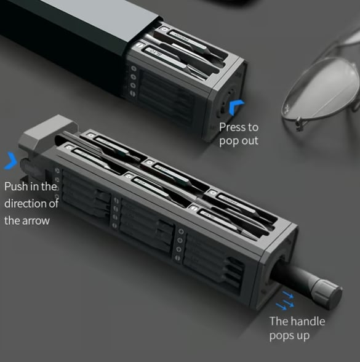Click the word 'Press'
pyautogui.click(x=233, y=127)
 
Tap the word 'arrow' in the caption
pyautogui.click(x=36, y=220)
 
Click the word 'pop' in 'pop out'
pyautogui.click(x=228, y=141)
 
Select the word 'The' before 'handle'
pyautogui.click(x=279, y=321)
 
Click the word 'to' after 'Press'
pyautogui.click(x=252, y=127)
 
